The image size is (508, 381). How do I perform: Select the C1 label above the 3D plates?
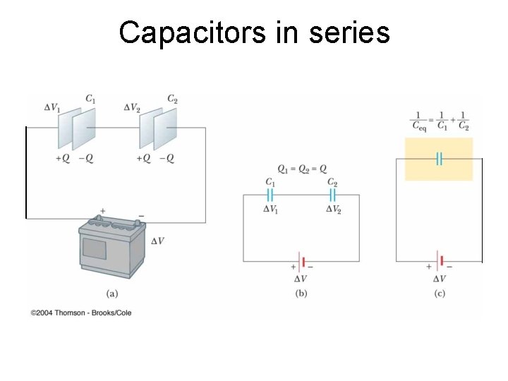(x=90, y=99)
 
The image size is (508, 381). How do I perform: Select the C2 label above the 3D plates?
(x=172, y=99)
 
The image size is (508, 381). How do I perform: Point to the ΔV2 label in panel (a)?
(x=132, y=107)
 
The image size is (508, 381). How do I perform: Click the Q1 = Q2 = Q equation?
(x=302, y=169)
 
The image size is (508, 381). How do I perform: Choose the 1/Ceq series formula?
(x=440, y=121)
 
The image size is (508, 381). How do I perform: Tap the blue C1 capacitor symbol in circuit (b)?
(x=270, y=195)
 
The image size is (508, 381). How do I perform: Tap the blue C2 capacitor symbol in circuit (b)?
(x=332, y=195)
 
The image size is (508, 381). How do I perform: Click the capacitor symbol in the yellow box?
(x=439, y=159)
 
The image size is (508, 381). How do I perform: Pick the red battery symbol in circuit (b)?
(x=302, y=262)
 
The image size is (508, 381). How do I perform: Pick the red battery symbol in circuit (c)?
(x=440, y=262)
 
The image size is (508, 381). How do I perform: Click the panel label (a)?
(x=111, y=293)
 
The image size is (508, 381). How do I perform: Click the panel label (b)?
(x=302, y=293)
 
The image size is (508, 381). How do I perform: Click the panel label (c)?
(x=440, y=293)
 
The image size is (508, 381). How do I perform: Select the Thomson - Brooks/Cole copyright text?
(x=81, y=312)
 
